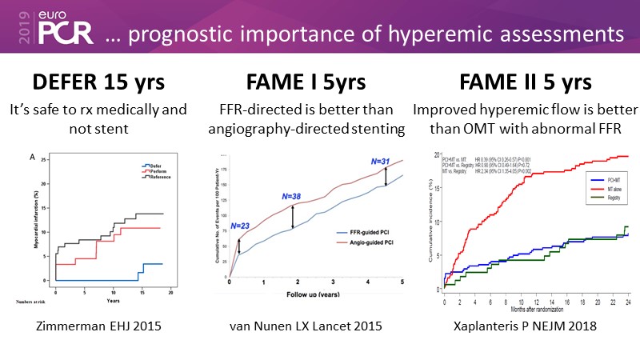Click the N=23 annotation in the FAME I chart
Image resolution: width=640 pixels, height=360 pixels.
tap(241, 226)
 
